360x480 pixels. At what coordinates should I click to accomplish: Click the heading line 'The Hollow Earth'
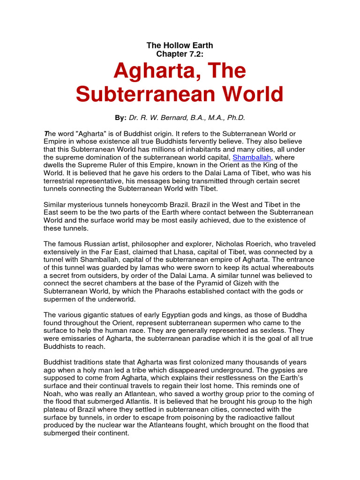pyautogui.click(x=180, y=45)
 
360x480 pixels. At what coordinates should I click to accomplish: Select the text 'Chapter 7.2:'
pyautogui.click(x=180, y=54)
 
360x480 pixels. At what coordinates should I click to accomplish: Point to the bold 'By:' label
pyautogui.click(x=121, y=117)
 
